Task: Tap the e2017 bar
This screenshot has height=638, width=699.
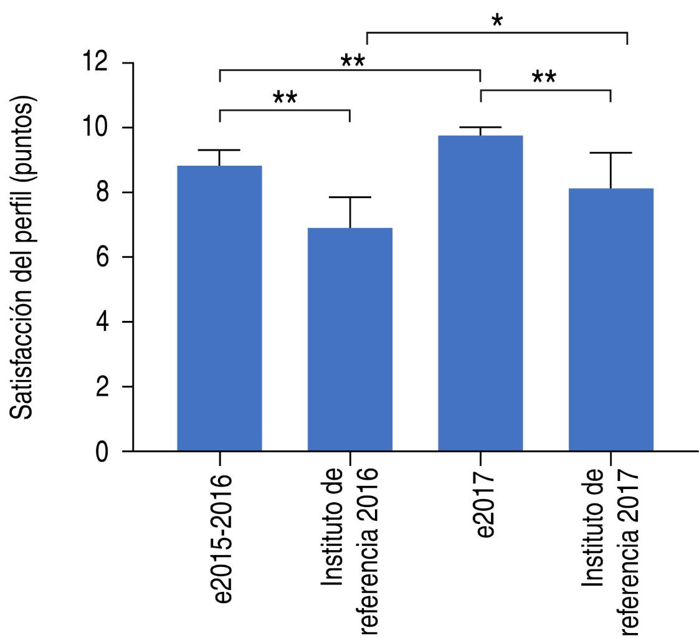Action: [x=480, y=293]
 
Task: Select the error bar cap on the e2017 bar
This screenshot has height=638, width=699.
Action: [x=480, y=127]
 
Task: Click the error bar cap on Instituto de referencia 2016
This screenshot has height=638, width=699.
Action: [x=349, y=198]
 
